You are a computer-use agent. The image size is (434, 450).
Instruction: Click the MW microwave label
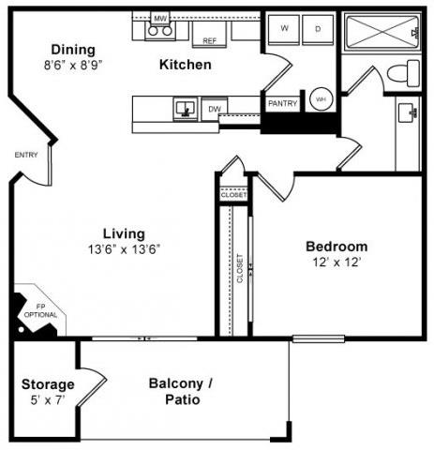159,17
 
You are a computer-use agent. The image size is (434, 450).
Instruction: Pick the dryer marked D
317,29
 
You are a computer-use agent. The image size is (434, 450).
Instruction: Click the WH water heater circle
321,98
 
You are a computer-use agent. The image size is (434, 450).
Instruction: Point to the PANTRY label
281,103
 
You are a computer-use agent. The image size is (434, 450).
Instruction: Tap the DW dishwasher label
214,108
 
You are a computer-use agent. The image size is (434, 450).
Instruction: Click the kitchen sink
185,109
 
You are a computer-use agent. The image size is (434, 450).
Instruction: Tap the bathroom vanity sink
408,114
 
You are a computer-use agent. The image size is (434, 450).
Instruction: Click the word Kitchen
185,65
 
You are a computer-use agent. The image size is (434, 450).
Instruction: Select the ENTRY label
25,155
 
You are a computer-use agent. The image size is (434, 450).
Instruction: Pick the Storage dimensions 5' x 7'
48,400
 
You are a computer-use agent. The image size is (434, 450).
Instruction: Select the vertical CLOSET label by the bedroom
240,268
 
